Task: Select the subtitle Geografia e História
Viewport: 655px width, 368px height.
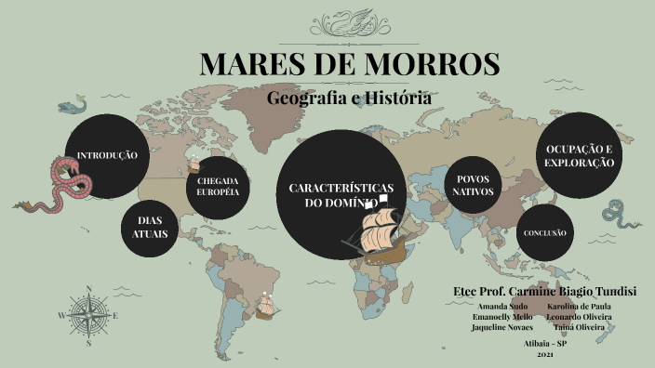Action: [x=350, y=97]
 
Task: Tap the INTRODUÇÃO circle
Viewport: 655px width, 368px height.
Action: [x=107, y=155]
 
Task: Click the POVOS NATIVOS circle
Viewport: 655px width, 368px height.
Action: [x=473, y=185]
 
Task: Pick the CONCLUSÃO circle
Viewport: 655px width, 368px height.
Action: [x=544, y=232]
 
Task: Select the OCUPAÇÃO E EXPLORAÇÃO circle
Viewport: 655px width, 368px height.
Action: [x=579, y=155]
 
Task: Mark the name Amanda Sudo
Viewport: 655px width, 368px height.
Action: [x=502, y=306]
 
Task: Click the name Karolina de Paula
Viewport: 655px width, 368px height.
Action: [x=579, y=306]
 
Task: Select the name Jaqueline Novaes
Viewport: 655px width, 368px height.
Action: [x=502, y=327]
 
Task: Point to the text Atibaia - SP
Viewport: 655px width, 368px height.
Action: [x=545, y=343]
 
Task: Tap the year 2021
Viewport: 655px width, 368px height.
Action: [x=545, y=355]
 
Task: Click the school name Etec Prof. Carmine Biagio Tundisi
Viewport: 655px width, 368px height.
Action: [x=544, y=291]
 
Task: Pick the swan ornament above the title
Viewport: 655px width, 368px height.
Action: [x=350, y=20]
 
